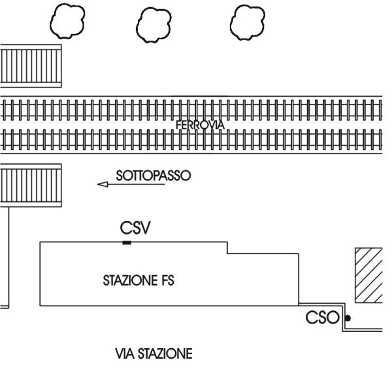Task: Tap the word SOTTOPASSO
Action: click(152, 176)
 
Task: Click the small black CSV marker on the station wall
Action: click(127, 243)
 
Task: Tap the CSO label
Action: click(323, 318)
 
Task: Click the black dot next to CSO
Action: click(348, 318)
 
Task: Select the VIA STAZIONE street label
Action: click(154, 355)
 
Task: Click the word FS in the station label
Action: click(171, 282)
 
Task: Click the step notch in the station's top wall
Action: click(227, 249)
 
